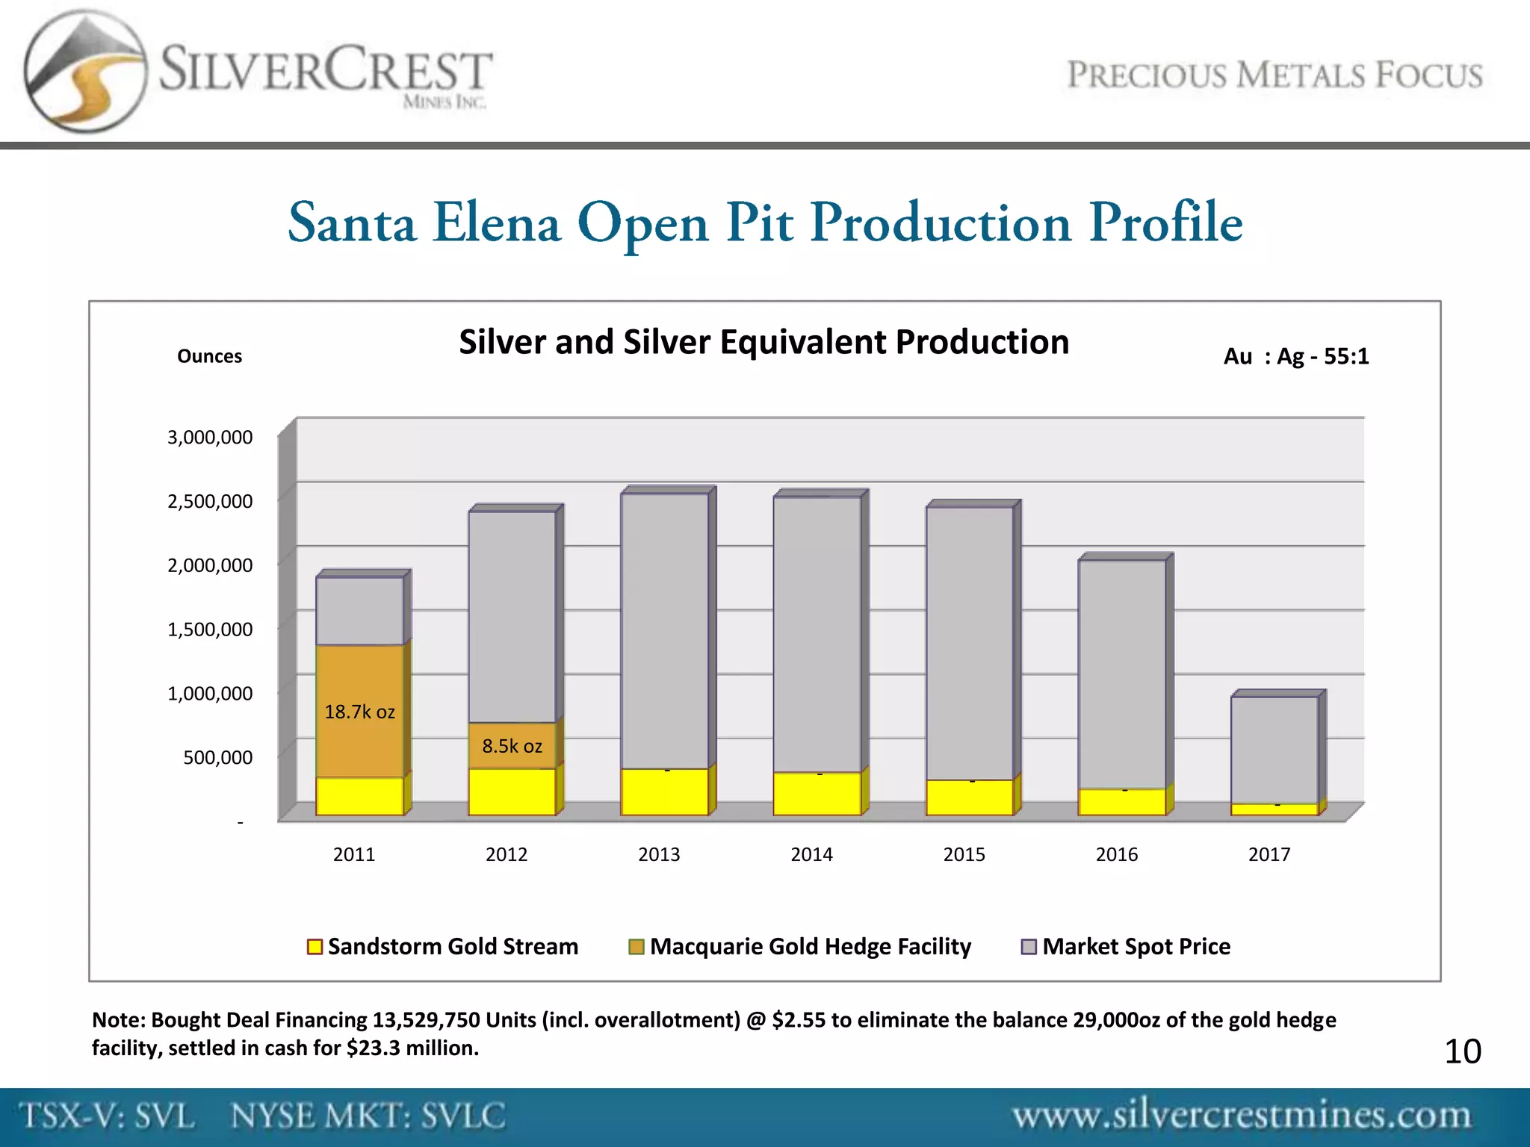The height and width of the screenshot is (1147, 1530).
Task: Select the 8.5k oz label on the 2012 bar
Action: pyautogui.click(x=512, y=746)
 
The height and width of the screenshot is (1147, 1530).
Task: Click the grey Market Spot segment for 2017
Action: pyautogui.click(x=1275, y=749)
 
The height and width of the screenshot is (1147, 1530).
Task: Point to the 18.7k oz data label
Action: pyautogui.click(x=359, y=712)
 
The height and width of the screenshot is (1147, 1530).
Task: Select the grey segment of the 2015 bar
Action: pyautogui.click(x=969, y=642)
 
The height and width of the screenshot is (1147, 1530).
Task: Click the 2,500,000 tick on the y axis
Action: pyautogui.click(x=210, y=501)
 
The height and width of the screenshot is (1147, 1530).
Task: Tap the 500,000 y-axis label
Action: pyautogui.click(x=217, y=757)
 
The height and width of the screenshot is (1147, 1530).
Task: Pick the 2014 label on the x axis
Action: pyautogui.click(x=811, y=854)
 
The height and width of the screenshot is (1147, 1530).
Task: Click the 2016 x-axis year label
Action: pyautogui.click(x=1116, y=854)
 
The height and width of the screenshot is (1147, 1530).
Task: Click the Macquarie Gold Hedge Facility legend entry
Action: pyautogui.click(x=800, y=946)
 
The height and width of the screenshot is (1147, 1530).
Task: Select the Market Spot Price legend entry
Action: pyautogui.click(x=1126, y=946)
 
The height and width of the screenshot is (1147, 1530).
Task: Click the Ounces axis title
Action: pyautogui.click(x=209, y=356)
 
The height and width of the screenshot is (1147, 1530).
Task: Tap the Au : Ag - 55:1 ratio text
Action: pyautogui.click(x=1295, y=356)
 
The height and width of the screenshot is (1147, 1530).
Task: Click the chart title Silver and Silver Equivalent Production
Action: pyautogui.click(x=764, y=342)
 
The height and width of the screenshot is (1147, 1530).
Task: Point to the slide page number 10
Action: pyautogui.click(x=1462, y=1051)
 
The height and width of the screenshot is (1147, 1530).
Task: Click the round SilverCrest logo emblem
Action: pyautogui.click(x=84, y=72)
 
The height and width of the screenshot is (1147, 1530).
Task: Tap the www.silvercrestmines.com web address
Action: pyautogui.click(x=1241, y=1116)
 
